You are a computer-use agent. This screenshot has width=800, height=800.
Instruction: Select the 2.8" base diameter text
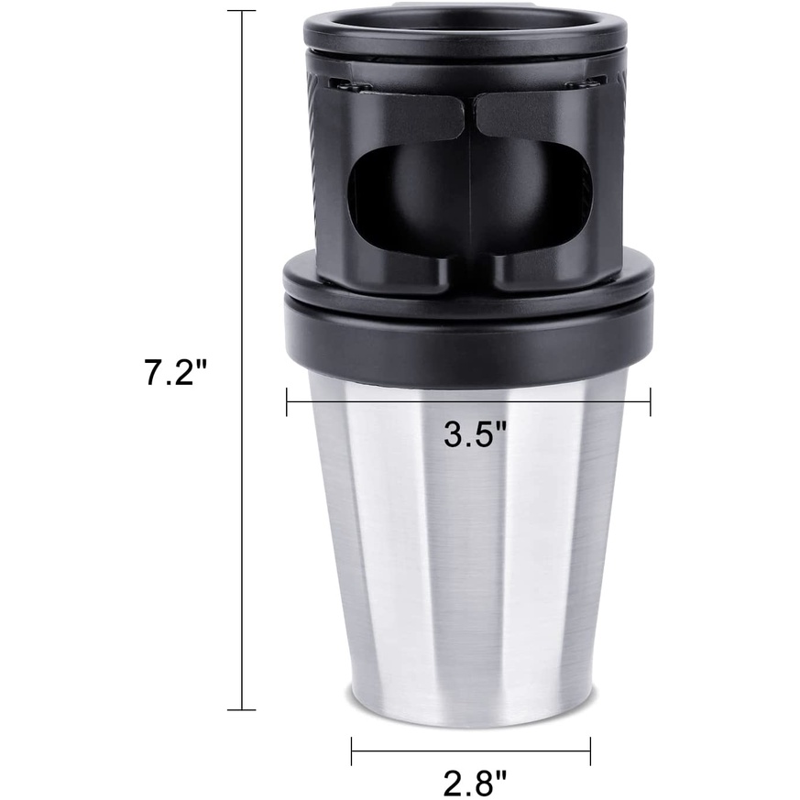[x=475, y=782]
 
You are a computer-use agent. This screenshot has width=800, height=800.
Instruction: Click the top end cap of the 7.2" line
[x=242, y=11]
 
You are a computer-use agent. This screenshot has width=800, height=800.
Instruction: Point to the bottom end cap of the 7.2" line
[x=242, y=708]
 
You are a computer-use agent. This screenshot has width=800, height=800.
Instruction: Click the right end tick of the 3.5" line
[x=650, y=401]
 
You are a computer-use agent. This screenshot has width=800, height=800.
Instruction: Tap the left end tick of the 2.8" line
[x=352, y=751]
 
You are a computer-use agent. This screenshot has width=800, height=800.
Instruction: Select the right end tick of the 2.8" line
[x=590, y=751]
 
